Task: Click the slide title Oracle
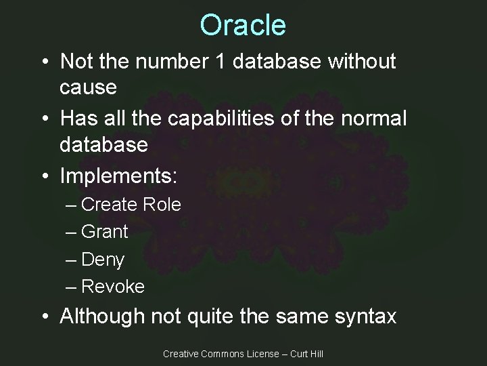tap(243, 25)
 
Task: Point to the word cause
tap(88, 87)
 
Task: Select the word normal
tap(373, 119)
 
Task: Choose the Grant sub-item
tap(104, 232)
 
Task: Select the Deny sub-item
tap(102, 260)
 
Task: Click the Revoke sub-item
tap(112, 287)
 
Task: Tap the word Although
tap(102, 316)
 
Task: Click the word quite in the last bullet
tap(213, 316)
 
